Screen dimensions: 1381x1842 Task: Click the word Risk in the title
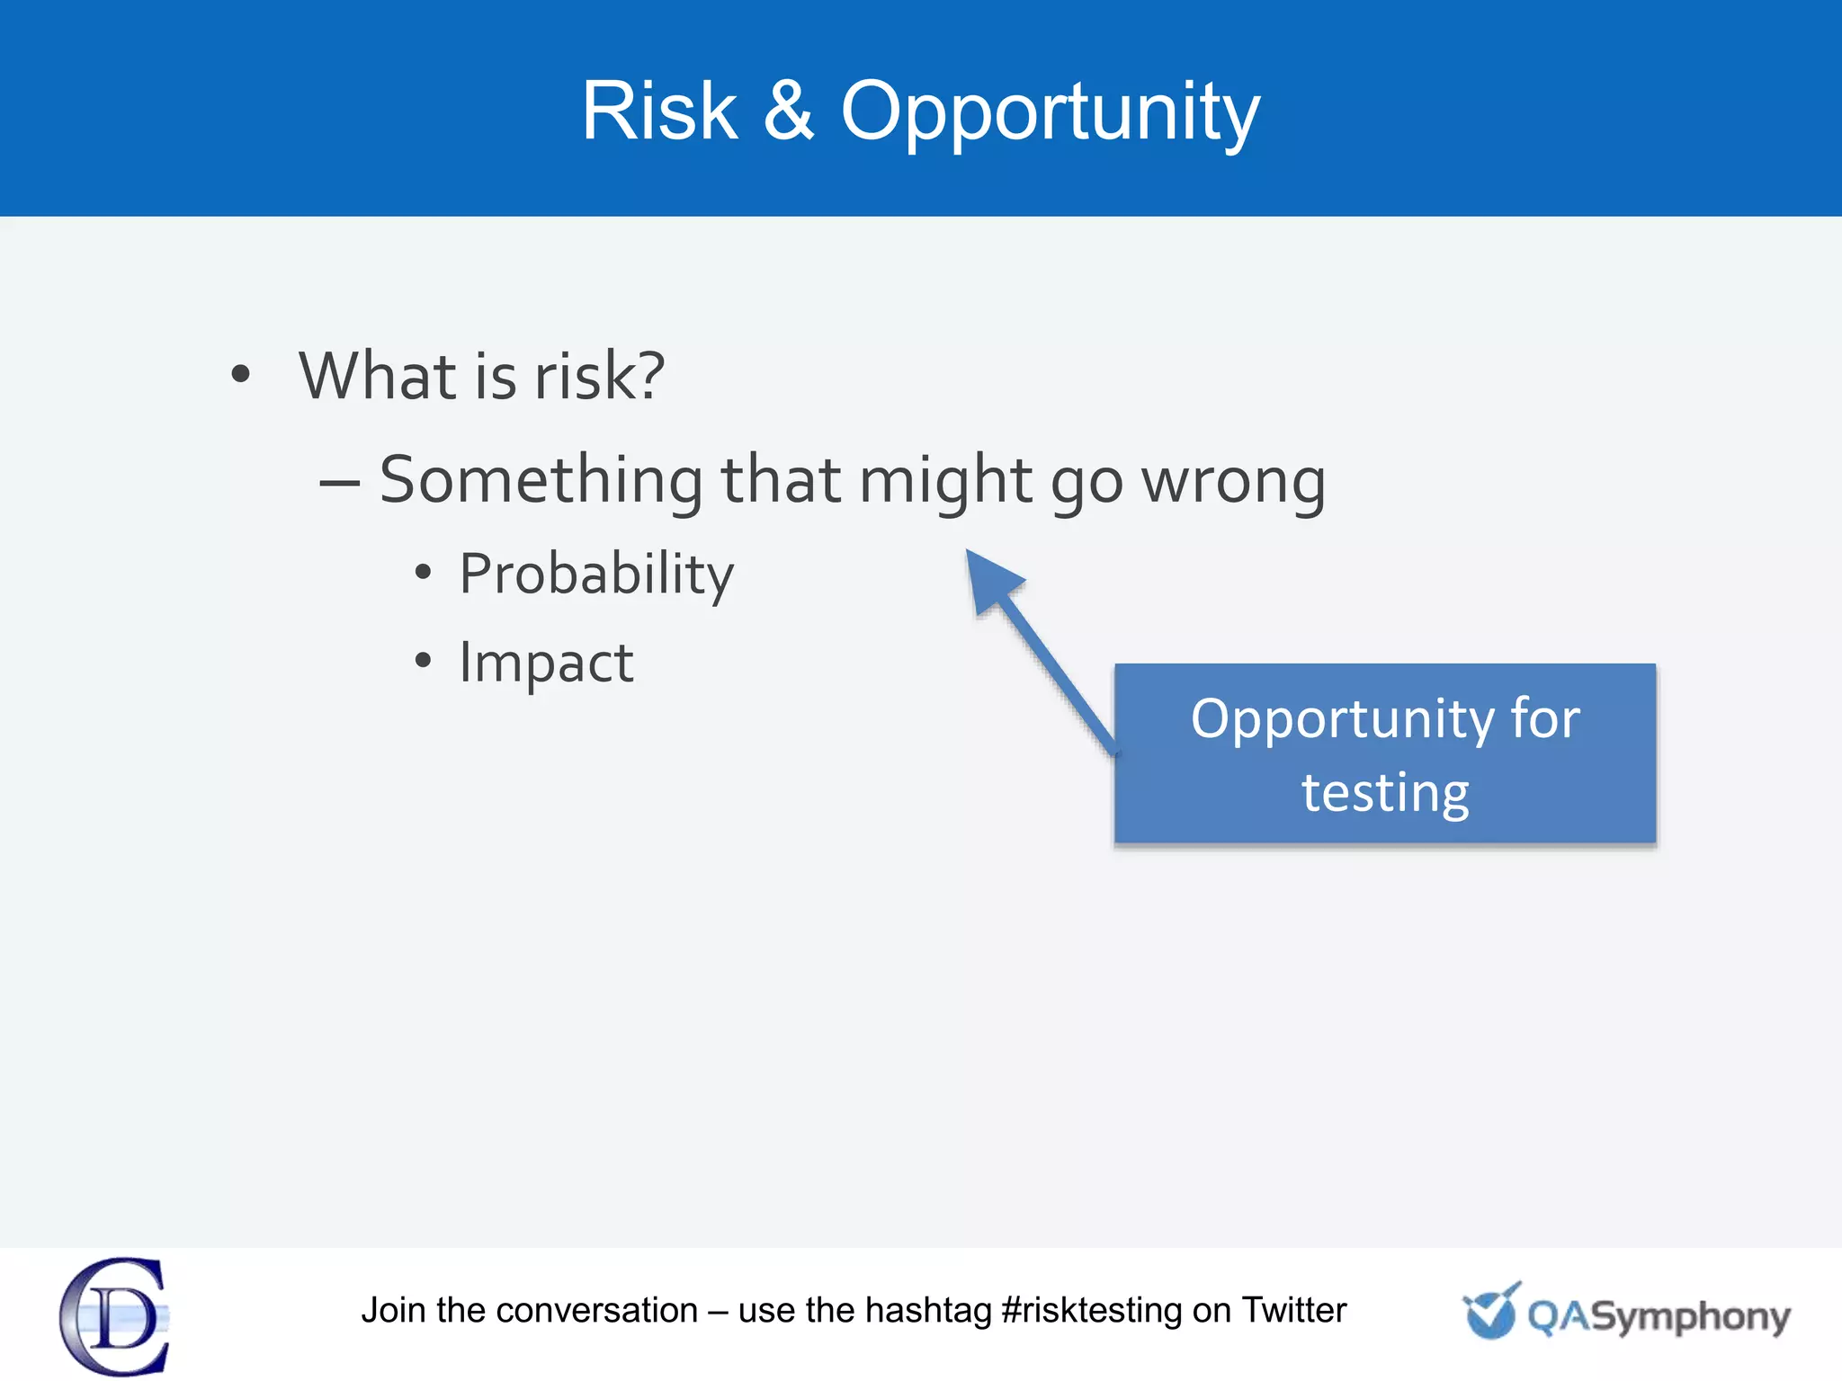[659, 111]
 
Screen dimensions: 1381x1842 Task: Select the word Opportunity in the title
[1050, 113]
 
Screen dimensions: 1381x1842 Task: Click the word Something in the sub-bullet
[541, 481]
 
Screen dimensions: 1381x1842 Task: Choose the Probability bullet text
[596, 575]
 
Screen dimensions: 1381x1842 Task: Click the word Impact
[546, 663]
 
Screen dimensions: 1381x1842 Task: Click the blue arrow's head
[989, 580]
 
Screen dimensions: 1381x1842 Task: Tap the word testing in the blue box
[1385, 793]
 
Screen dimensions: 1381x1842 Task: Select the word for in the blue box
[1544, 718]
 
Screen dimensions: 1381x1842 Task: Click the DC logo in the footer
[115, 1315]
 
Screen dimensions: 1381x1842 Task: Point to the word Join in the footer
[393, 1311]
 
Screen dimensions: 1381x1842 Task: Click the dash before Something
[340, 483]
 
